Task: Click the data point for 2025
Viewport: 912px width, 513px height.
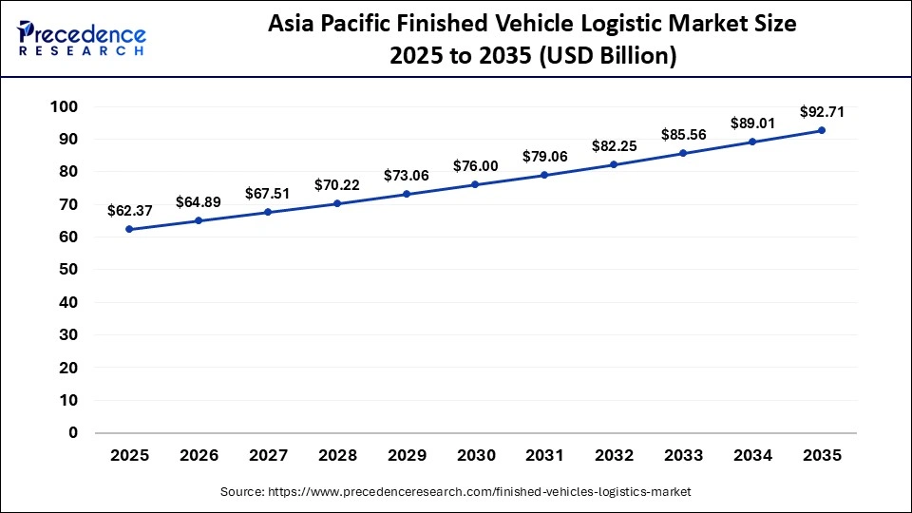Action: click(129, 229)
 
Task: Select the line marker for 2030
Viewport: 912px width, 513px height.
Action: click(475, 184)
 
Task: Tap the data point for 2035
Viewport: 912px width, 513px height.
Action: click(822, 130)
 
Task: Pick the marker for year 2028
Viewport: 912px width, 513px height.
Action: click(337, 203)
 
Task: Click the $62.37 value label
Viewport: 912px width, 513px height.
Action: click(129, 210)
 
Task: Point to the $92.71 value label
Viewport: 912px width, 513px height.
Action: click(822, 111)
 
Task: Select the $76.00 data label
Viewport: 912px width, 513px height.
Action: click(475, 165)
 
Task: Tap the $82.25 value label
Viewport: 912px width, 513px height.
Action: click(614, 145)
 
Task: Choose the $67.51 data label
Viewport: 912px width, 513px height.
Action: click(268, 193)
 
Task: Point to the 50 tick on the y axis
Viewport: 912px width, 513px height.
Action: click(67, 270)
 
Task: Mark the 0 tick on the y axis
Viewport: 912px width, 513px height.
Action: click(72, 432)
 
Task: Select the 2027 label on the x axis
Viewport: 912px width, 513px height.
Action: click(268, 456)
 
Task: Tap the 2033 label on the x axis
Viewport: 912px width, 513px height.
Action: click(683, 456)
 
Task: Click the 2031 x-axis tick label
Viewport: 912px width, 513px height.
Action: click(544, 456)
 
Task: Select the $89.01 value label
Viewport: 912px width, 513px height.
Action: click(752, 123)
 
